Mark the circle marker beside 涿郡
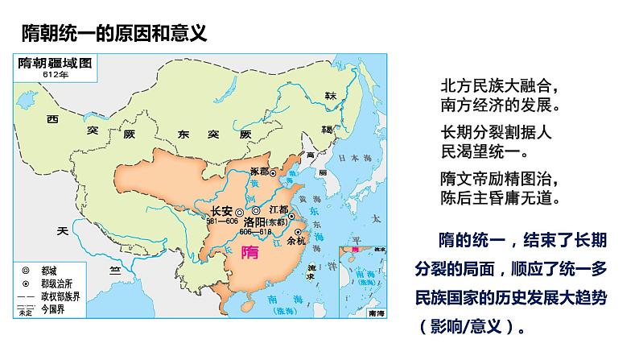[x=273, y=173]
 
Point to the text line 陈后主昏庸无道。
[x=499, y=196]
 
